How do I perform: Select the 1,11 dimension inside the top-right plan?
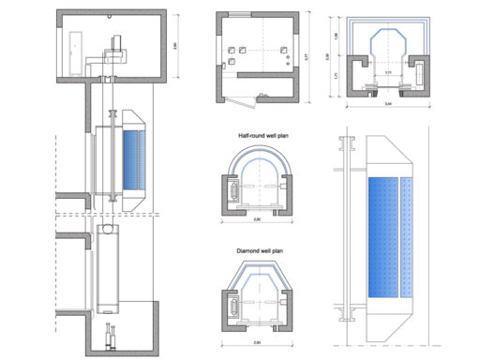(x=387, y=72)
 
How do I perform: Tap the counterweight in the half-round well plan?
(x=230, y=190)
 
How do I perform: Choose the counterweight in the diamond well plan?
(x=230, y=306)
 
